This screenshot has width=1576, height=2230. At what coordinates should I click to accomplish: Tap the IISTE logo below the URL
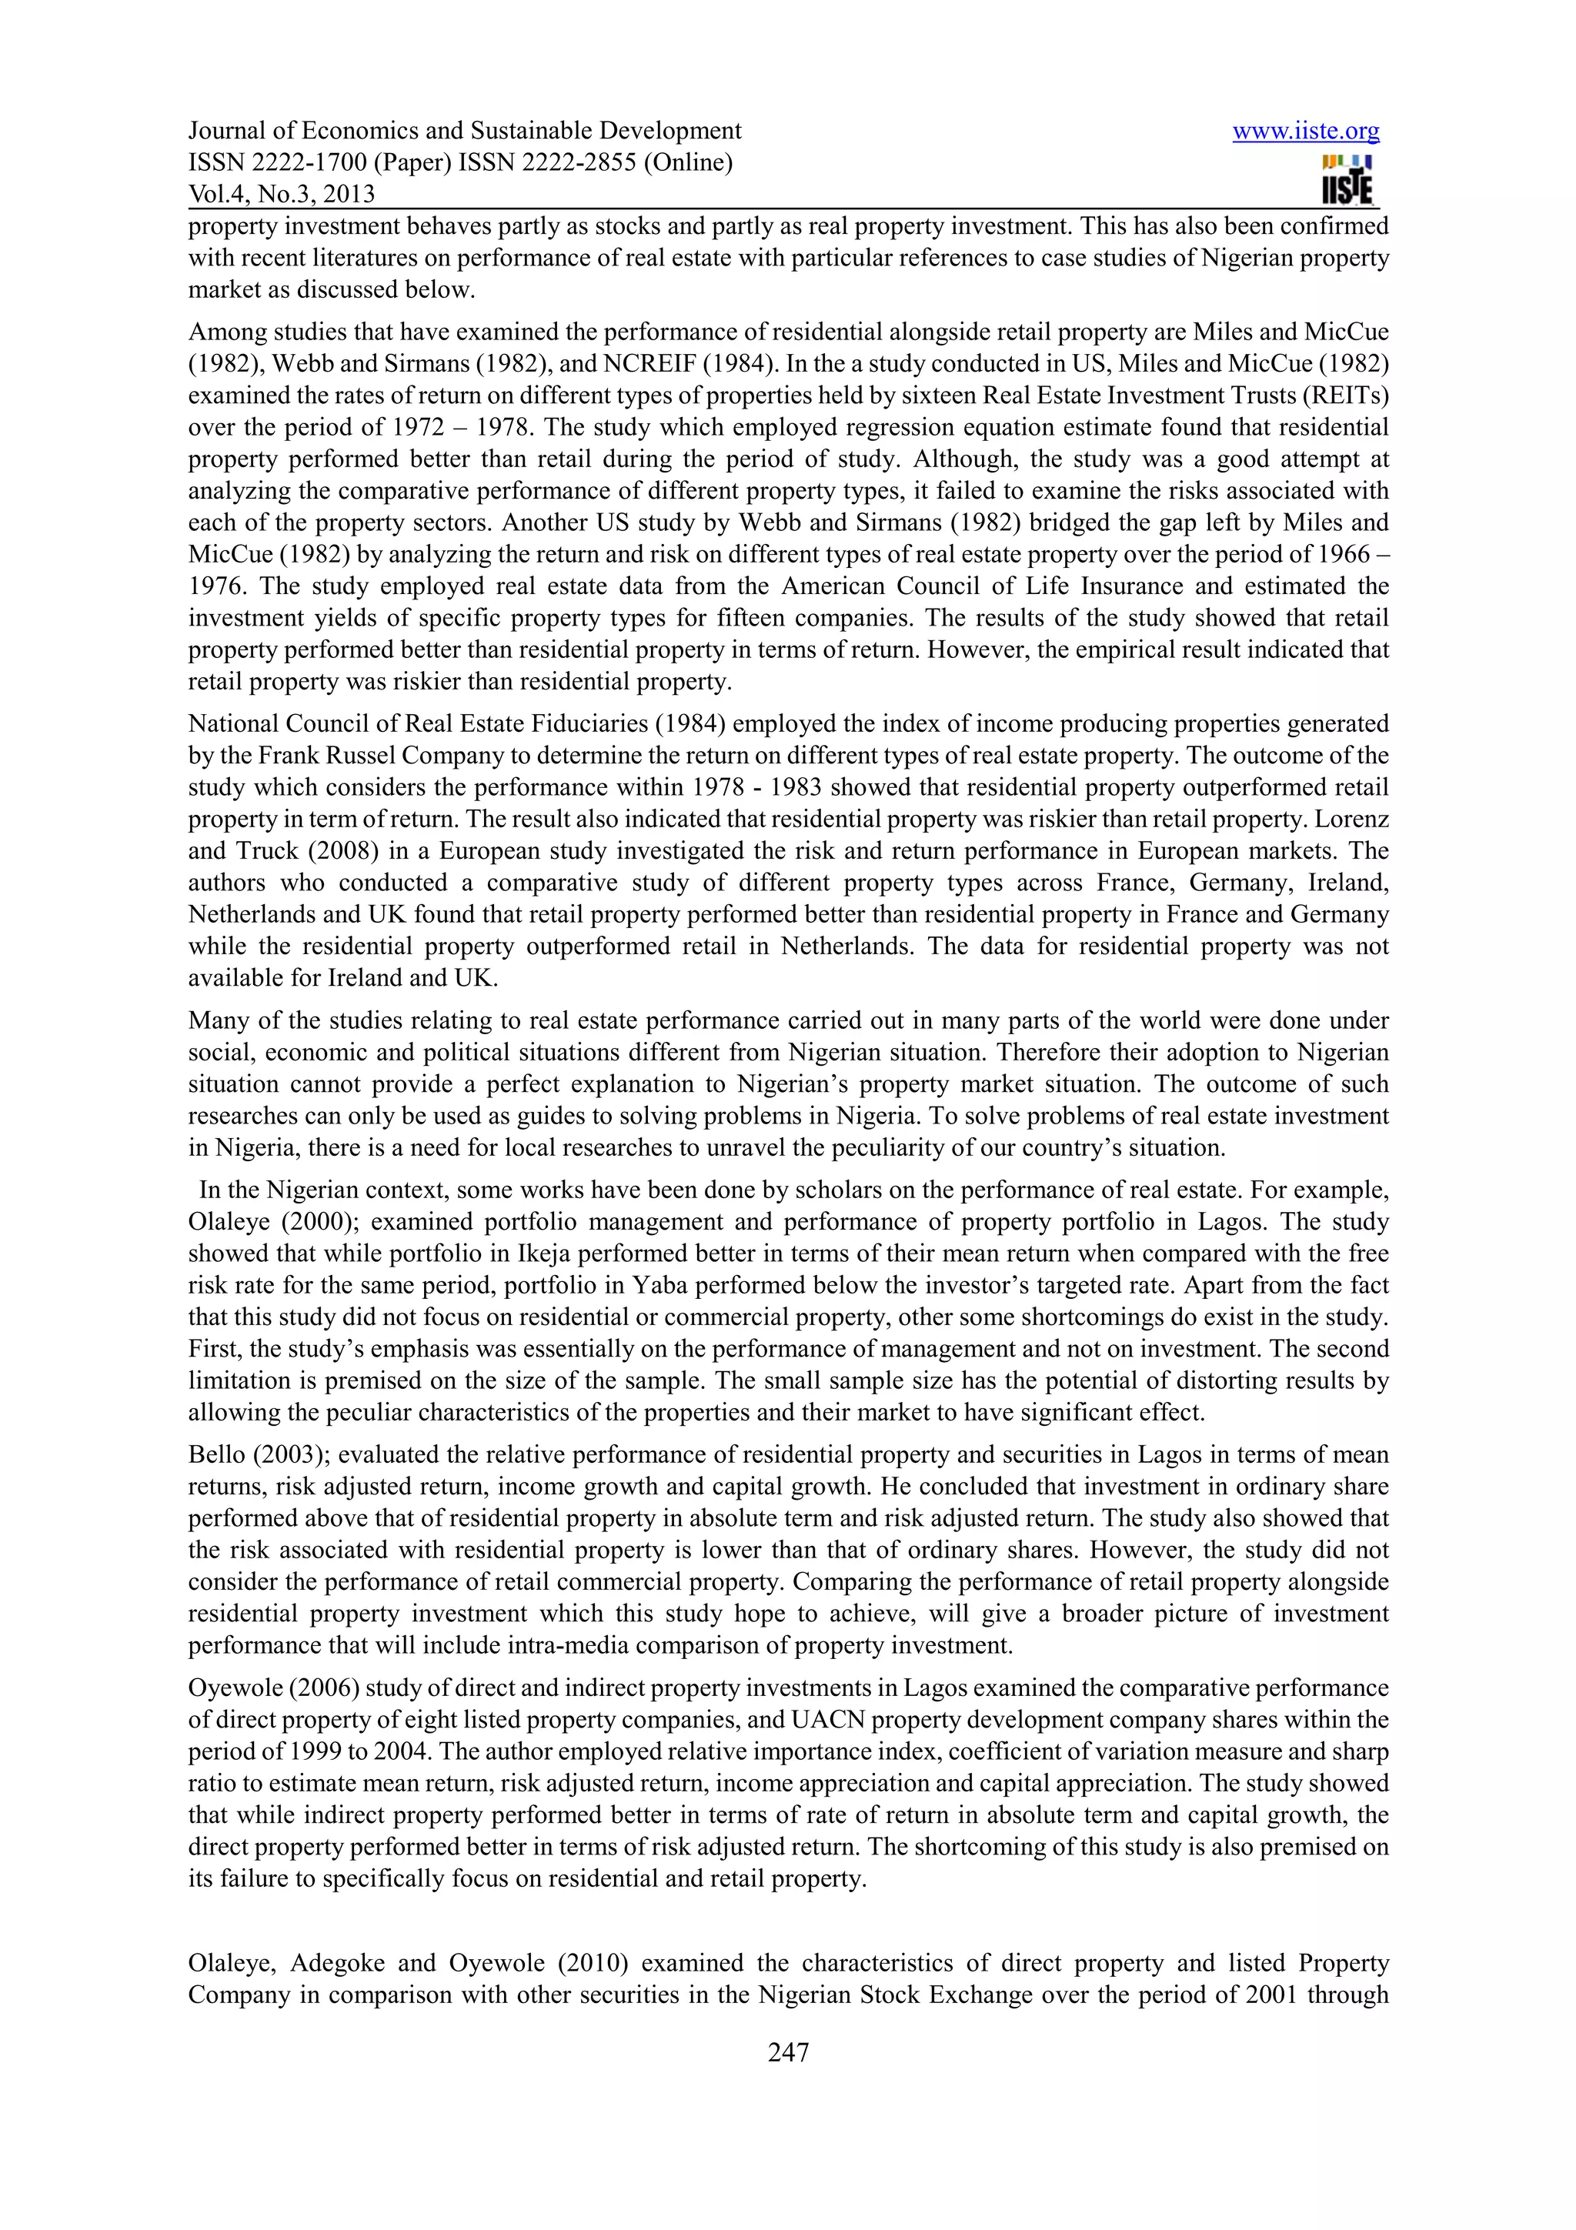1347,182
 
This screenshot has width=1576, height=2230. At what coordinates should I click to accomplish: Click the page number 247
787,2052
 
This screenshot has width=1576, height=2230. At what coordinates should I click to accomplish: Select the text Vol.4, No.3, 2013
282,194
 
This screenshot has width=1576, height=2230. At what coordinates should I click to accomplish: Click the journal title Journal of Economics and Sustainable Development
464,131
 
